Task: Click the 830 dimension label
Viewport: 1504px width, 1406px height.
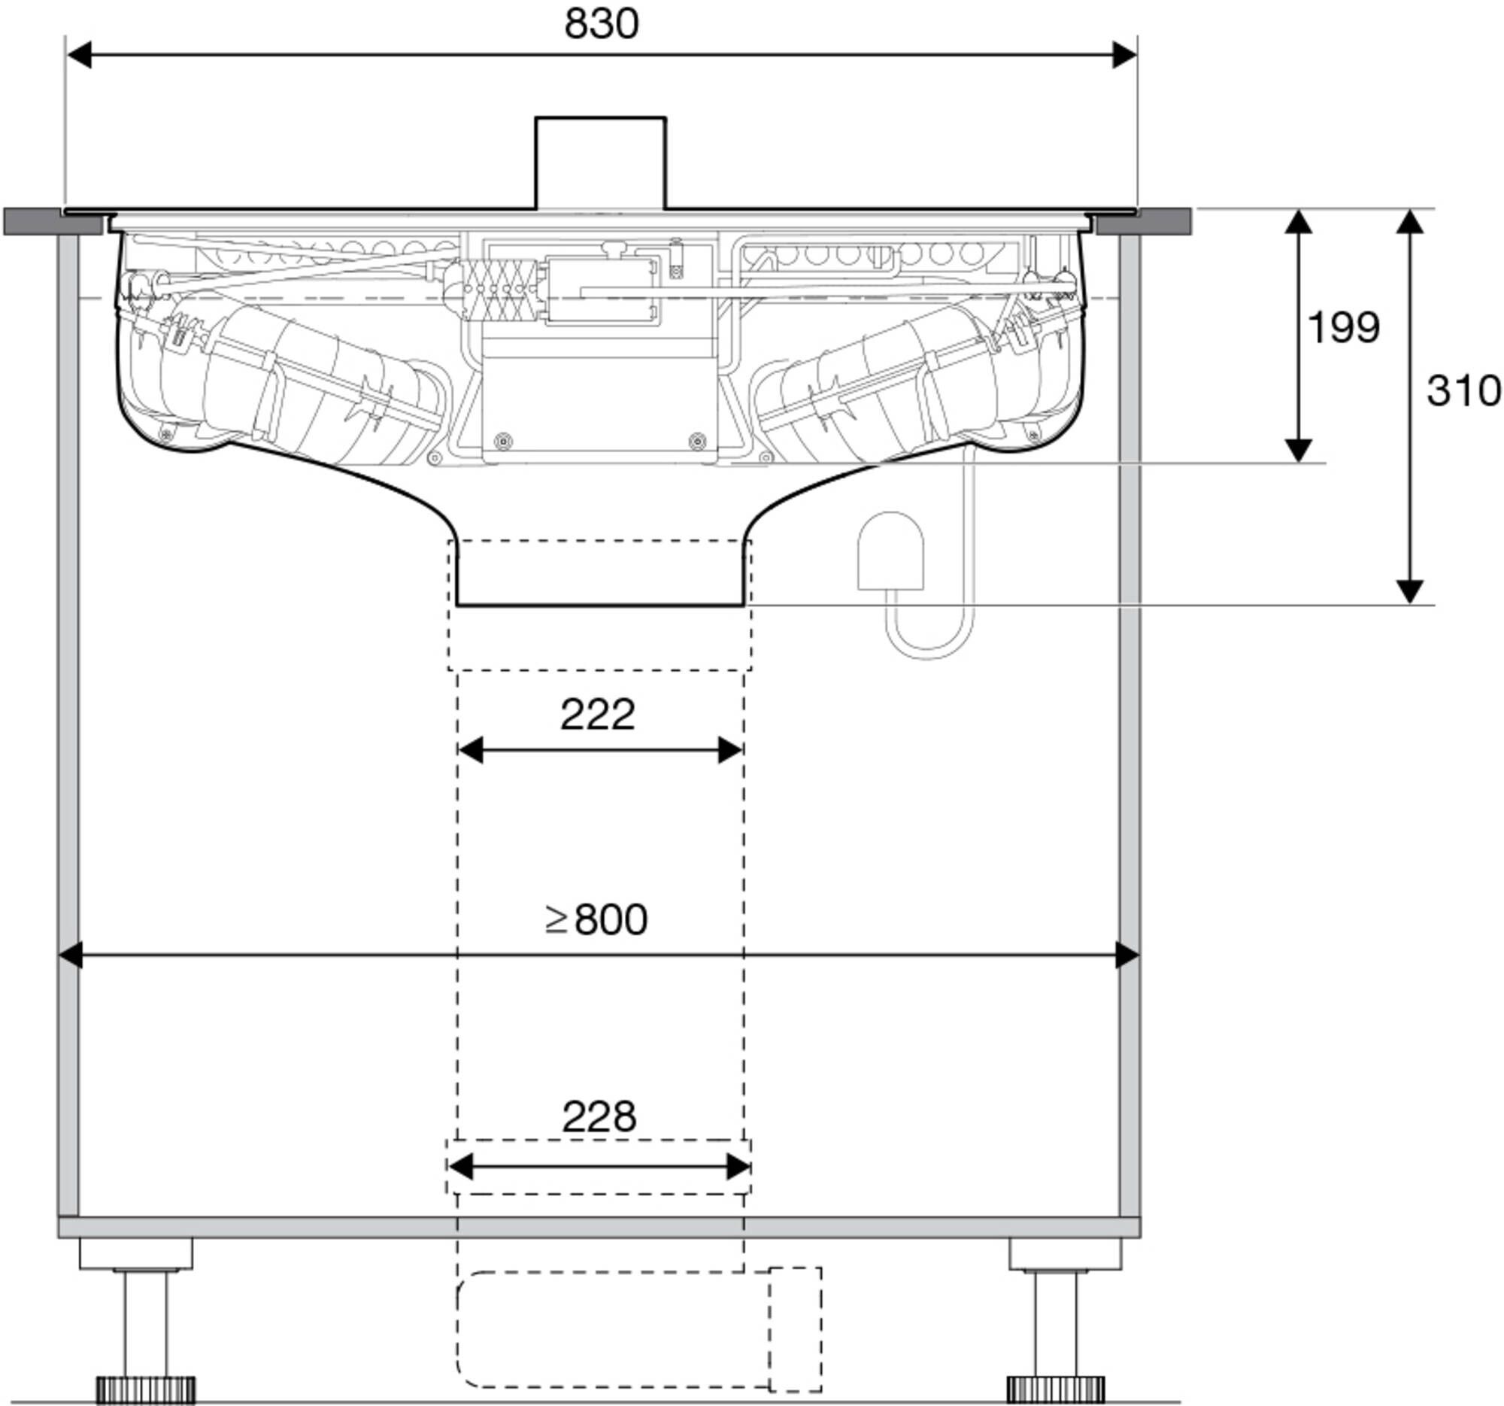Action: pos(602,23)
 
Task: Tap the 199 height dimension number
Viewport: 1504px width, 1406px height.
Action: pos(1344,327)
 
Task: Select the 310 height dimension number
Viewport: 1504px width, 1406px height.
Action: pos(1464,391)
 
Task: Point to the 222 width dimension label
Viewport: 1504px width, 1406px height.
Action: pos(598,715)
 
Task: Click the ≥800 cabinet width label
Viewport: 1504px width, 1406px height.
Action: pos(596,919)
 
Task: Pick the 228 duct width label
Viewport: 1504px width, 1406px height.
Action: pos(599,1116)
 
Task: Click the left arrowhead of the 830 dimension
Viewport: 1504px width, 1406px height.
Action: pos(80,55)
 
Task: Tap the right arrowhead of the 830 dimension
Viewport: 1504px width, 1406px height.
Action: pos(1124,55)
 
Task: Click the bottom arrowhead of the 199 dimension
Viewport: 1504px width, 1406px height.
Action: pos(1299,450)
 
